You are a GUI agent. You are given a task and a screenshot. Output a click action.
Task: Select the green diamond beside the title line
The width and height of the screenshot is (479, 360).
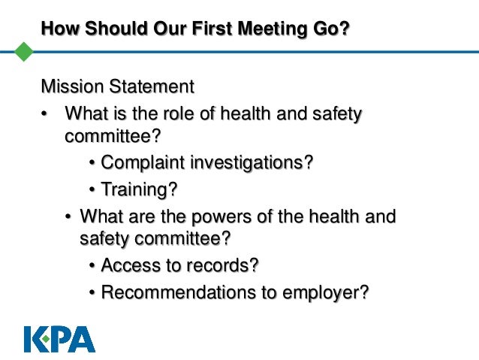pos(25,51)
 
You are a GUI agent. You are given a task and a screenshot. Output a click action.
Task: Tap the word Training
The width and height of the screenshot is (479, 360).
pos(135,189)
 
